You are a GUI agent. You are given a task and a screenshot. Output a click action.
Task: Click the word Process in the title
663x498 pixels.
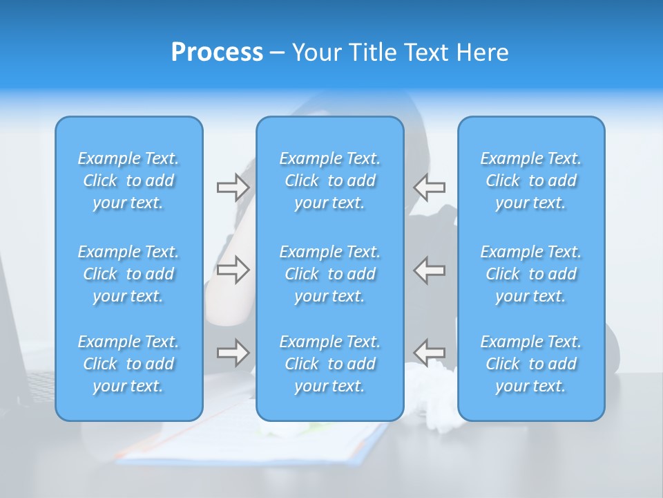(x=217, y=53)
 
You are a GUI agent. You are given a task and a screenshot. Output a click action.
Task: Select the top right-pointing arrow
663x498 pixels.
(x=233, y=187)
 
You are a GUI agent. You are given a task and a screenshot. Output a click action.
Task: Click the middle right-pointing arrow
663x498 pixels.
(x=233, y=270)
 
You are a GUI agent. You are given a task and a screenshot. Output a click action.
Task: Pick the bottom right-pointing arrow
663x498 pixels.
(x=233, y=353)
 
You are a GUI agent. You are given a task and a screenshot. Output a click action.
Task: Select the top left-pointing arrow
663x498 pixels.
(x=430, y=187)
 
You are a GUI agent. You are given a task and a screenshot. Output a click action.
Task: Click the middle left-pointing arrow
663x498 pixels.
(x=430, y=270)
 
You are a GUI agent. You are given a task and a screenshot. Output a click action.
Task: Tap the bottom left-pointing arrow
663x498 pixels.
(x=430, y=353)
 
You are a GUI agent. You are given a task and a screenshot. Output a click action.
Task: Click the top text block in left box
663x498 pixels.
(x=128, y=181)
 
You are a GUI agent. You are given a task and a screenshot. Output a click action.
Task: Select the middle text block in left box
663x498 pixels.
(x=128, y=274)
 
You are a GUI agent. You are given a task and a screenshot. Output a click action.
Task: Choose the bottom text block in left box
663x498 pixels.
(x=128, y=364)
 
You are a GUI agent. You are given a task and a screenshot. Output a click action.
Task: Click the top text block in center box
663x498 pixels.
(x=330, y=181)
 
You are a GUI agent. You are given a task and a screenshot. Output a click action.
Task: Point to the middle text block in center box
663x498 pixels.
(x=330, y=274)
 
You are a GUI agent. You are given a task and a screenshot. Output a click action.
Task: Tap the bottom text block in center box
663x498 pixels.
(x=330, y=364)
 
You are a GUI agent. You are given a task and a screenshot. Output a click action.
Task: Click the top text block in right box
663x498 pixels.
(x=531, y=181)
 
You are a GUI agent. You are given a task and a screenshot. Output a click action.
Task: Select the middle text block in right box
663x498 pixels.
(x=531, y=274)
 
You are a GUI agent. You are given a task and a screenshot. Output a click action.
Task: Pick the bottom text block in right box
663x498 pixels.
(x=531, y=364)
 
